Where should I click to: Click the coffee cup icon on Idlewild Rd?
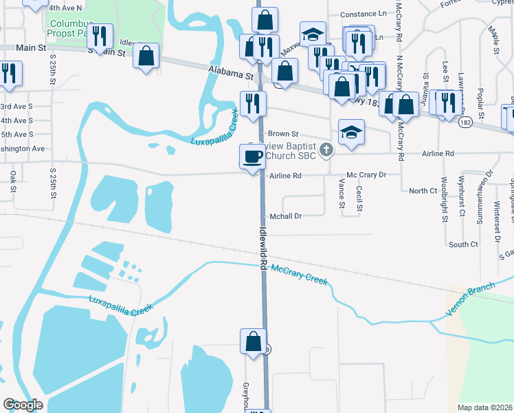point(252,156)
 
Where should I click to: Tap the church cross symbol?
point(327,149)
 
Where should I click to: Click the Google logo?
point(23,405)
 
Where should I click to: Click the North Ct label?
point(423,191)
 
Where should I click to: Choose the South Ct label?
point(462,244)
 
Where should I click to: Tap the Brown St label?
point(283,134)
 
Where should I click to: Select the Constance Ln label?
point(363,14)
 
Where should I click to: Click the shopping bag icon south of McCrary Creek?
point(252,341)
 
